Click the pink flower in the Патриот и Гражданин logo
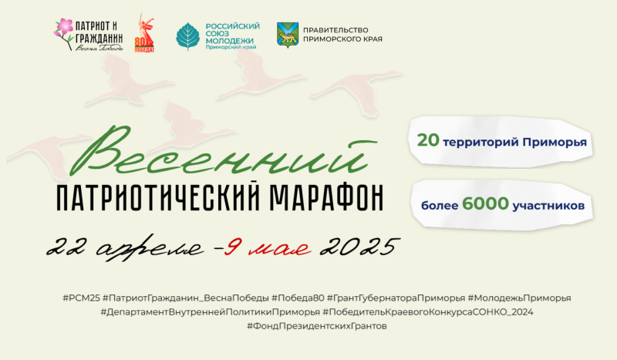coord(64,26)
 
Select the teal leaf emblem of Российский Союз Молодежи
coord(187,36)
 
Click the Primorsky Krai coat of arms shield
coord(288,35)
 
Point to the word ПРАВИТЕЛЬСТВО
coord(335,30)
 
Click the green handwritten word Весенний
coord(221,151)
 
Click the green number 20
coord(428,140)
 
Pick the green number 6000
coord(486,204)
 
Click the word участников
coord(548,205)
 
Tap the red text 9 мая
coord(268,247)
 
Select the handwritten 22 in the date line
coord(68,247)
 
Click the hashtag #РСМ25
coord(82,298)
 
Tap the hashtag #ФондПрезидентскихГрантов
coord(317,326)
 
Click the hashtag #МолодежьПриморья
coord(519,298)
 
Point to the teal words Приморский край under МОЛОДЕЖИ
coord(231,47)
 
